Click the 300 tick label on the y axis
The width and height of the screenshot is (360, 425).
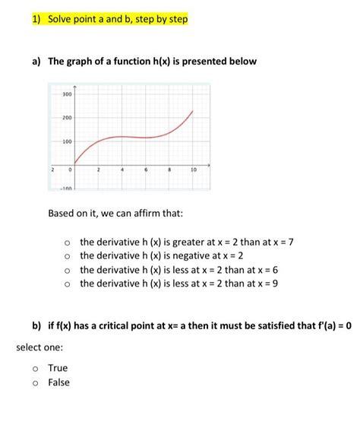(x=67, y=94)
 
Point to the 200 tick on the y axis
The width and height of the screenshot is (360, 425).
(x=67, y=118)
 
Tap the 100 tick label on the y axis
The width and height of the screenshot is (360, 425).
(x=67, y=142)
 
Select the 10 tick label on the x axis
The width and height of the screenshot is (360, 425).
(x=194, y=170)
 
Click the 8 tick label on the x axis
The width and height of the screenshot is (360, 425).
(x=170, y=170)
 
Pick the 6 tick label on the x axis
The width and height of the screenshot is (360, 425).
(x=146, y=170)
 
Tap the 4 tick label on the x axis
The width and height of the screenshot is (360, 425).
(x=122, y=170)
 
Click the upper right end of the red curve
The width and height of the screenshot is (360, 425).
(x=192, y=111)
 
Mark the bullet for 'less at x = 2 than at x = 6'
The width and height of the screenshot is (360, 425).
(x=68, y=271)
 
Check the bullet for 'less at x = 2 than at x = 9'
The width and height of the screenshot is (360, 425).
(x=68, y=284)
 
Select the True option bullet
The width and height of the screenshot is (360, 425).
(x=36, y=369)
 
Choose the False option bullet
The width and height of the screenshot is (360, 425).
(x=36, y=382)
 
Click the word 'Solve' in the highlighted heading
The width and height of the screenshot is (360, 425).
(x=62, y=18)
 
